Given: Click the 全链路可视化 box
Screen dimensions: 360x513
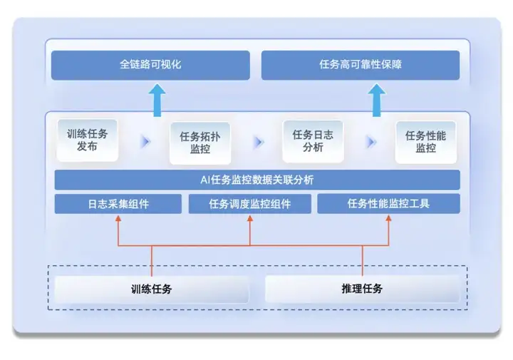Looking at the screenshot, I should (x=150, y=65).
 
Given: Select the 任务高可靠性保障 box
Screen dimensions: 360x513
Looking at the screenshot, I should (x=361, y=65).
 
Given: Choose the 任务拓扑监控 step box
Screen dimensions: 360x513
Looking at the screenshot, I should (x=199, y=142).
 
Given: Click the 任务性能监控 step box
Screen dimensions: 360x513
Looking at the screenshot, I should (x=425, y=142).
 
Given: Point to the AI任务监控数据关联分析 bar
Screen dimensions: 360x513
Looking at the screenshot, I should (x=257, y=180).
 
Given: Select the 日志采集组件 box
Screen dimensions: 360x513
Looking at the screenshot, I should (x=118, y=204).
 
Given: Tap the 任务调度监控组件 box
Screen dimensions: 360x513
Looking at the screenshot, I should (x=250, y=204).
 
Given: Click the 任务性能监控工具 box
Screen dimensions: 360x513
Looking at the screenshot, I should (x=388, y=204).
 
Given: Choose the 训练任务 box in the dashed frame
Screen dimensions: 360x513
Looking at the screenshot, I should (x=152, y=289).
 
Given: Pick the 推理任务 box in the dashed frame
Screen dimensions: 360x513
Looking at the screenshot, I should (x=362, y=289).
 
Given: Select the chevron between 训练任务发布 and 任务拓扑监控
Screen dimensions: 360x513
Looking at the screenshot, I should (x=146, y=142).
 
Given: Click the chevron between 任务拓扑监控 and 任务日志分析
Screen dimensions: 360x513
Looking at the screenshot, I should (x=259, y=142).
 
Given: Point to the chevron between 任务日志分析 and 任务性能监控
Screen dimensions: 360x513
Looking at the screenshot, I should (x=371, y=142).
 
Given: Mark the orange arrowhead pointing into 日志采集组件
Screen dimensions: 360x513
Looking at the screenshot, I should (x=118, y=218).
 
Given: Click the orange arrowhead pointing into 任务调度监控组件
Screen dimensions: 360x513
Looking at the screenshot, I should (x=250, y=218).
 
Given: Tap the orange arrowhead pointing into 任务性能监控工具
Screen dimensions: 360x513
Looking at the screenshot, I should (x=388, y=218).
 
